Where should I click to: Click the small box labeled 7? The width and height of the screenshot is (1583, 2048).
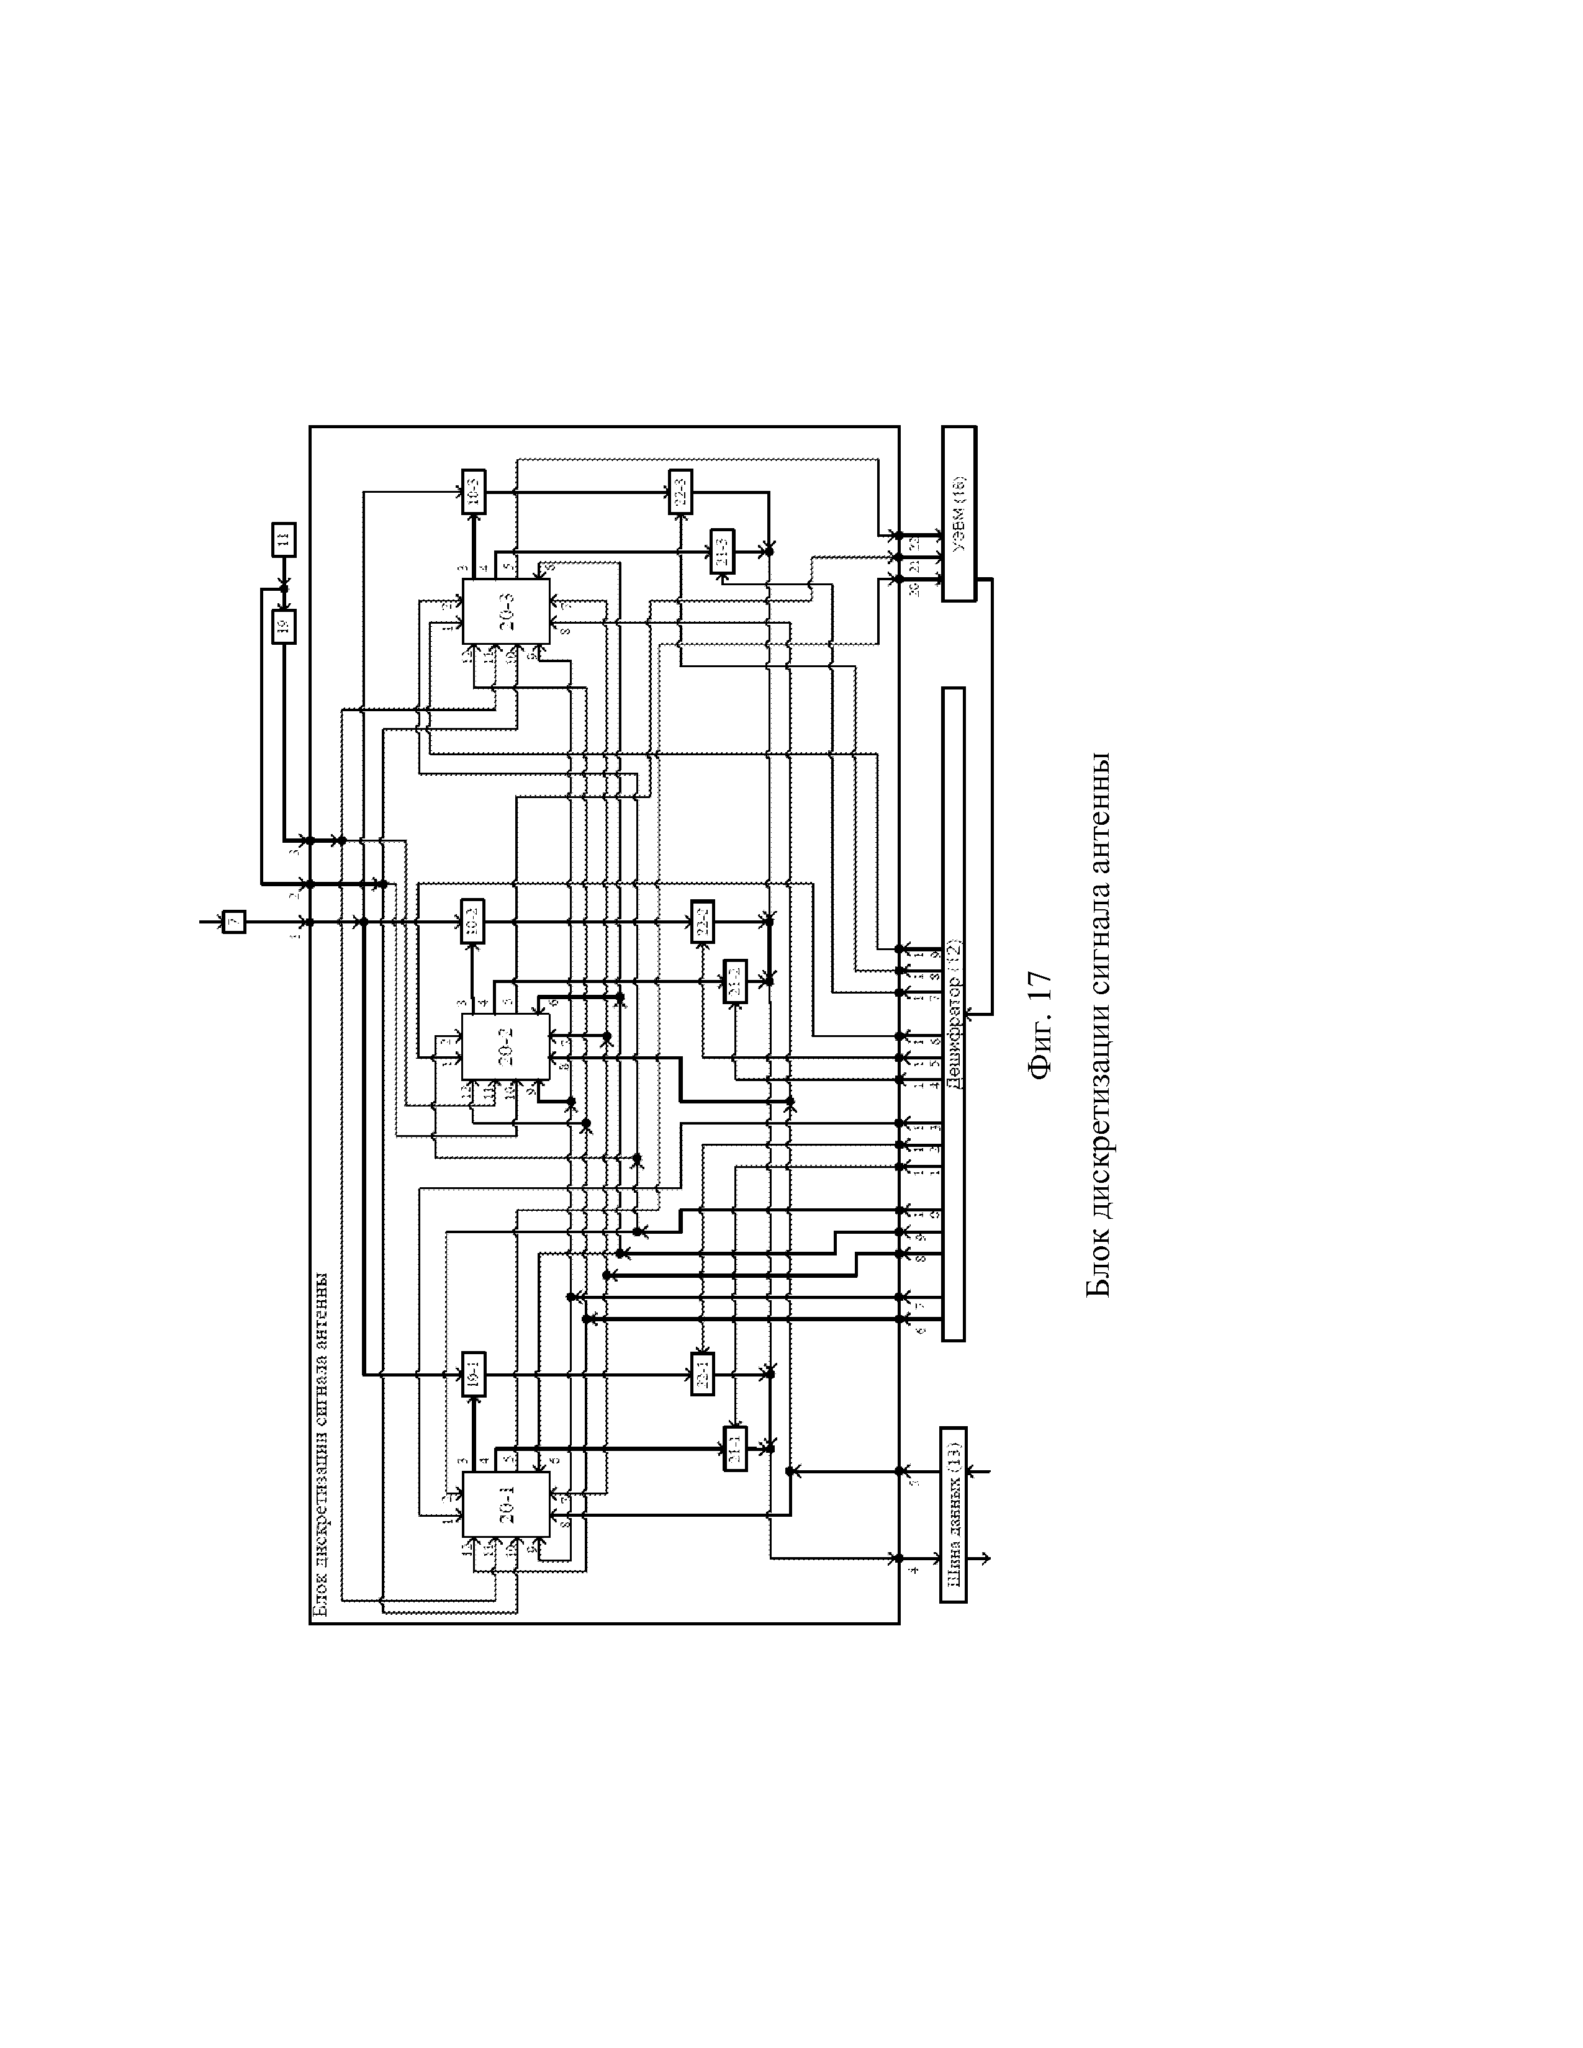point(233,922)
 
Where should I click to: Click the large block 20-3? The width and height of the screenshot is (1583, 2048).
point(505,611)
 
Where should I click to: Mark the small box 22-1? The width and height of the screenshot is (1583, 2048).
point(702,1374)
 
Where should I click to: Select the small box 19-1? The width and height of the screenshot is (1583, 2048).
point(474,1375)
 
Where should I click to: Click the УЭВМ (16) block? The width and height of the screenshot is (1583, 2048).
point(958,513)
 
